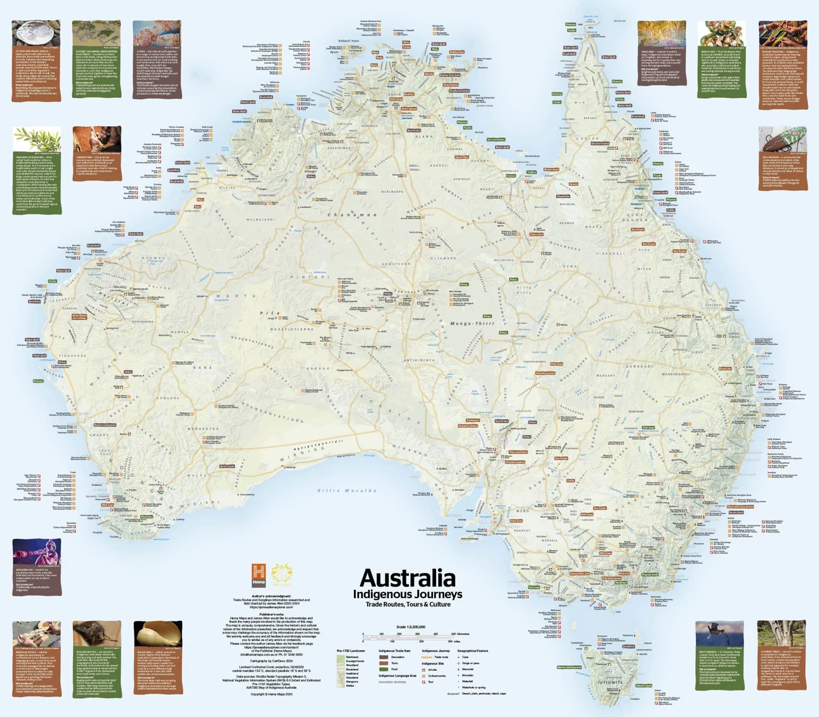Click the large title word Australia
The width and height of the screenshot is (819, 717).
click(408, 578)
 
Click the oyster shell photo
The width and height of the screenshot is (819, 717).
click(36, 34)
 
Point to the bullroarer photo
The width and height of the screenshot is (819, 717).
click(782, 139)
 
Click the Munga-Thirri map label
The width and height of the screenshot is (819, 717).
click(471, 324)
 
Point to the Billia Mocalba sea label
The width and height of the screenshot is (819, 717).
click(347, 491)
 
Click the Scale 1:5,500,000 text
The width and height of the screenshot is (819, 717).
click(411, 627)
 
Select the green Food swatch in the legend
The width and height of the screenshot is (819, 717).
click(384, 669)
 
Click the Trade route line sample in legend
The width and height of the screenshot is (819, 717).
click(427, 658)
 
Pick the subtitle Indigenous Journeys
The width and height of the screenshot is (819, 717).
click(408, 594)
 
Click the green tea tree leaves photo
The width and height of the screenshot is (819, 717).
click(36, 139)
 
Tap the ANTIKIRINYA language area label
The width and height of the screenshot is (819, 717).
click(420, 360)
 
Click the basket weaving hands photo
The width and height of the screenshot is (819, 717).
click(782, 34)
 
